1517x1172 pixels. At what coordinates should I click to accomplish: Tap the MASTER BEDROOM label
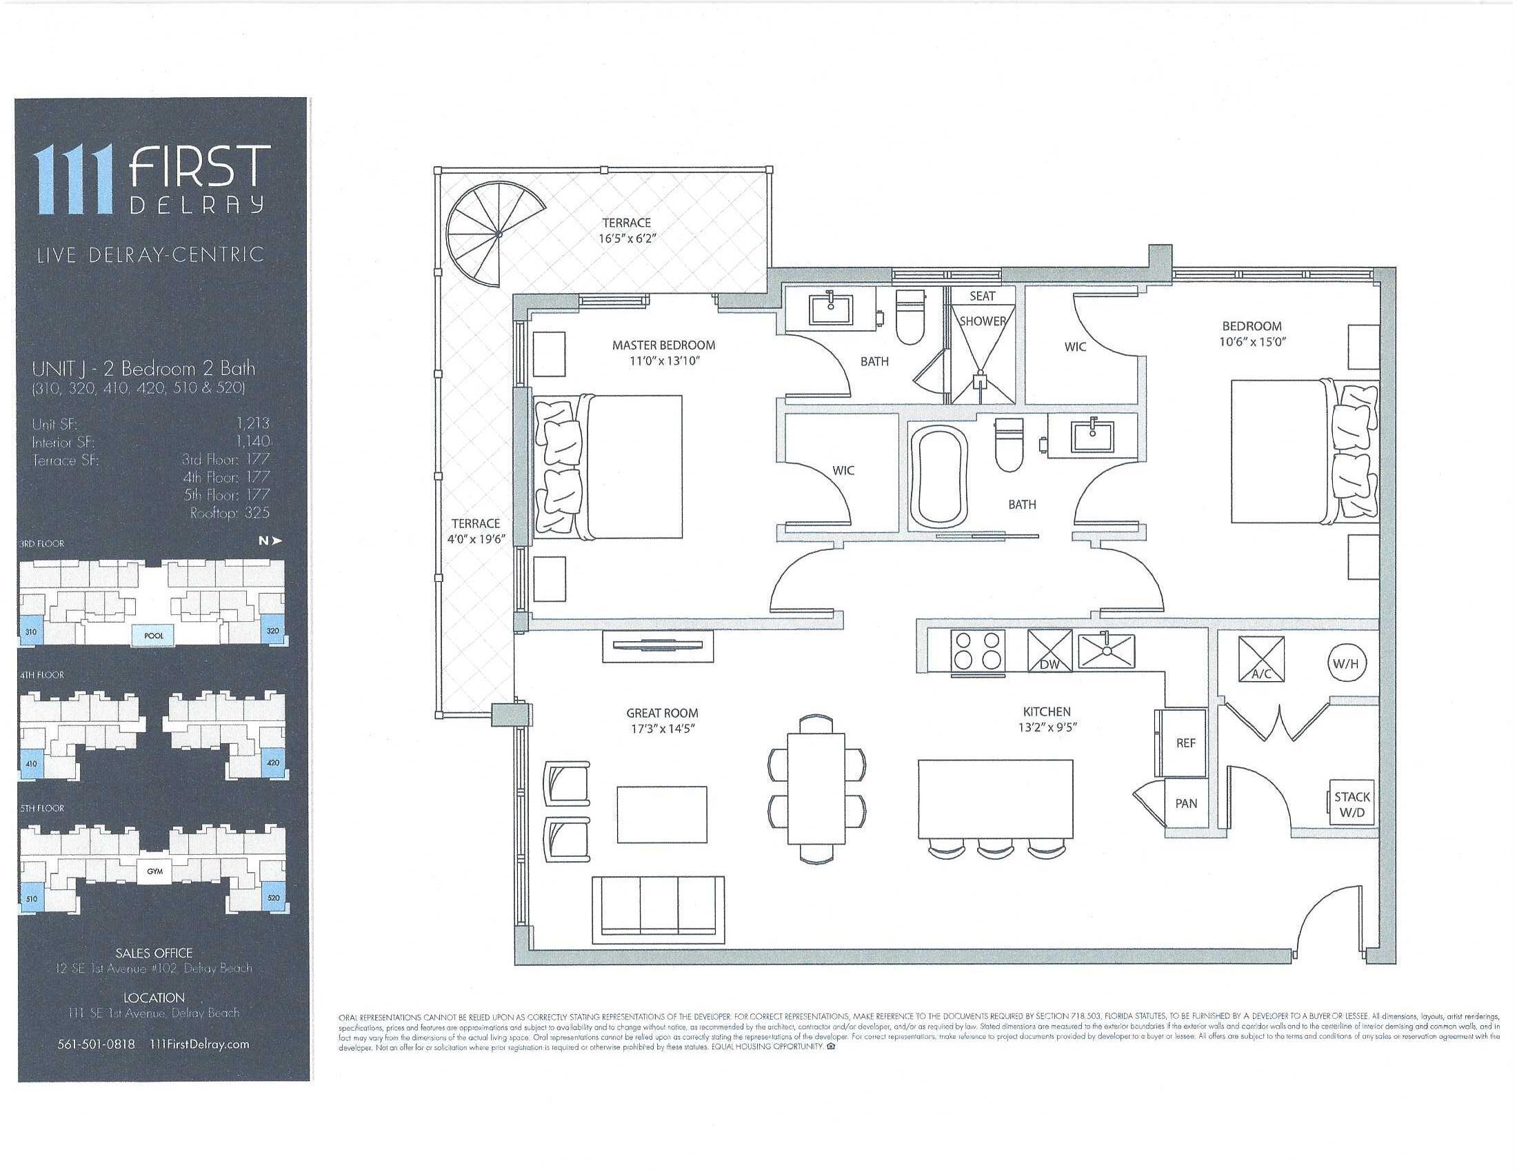click(x=663, y=345)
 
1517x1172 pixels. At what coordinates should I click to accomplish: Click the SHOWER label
click(x=982, y=321)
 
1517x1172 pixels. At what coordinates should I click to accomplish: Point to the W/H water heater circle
click(x=1345, y=664)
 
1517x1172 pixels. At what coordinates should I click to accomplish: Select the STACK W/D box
click(x=1352, y=805)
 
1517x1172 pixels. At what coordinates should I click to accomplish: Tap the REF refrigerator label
click(x=1186, y=743)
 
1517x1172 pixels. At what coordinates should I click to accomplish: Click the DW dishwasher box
click(x=1049, y=651)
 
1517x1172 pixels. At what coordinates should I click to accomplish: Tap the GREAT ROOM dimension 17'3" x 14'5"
click(x=662, y=729)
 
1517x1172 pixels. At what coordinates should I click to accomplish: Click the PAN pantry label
click(x=1186, y=803)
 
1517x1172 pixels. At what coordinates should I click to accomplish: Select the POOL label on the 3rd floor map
click(x=154, y=636)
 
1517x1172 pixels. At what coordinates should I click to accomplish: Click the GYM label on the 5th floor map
click(x=154, y=871)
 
